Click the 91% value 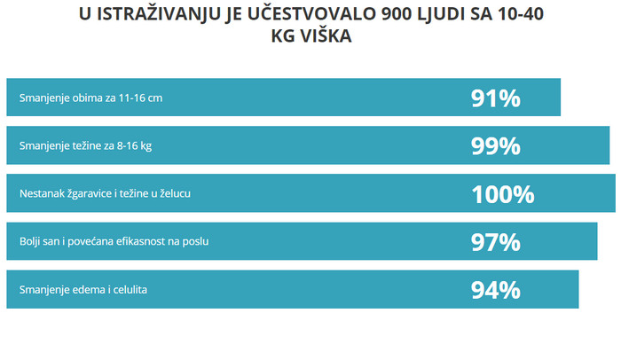pos(495,98)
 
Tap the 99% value pos(495,145)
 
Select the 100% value pos(502,193)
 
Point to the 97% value pos(495,241)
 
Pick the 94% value pos(495,289)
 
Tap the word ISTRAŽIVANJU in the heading pos(153,14)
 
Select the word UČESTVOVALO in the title pos(307,14)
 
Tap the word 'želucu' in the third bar pos(195,193)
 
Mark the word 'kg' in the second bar pos(145,145)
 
